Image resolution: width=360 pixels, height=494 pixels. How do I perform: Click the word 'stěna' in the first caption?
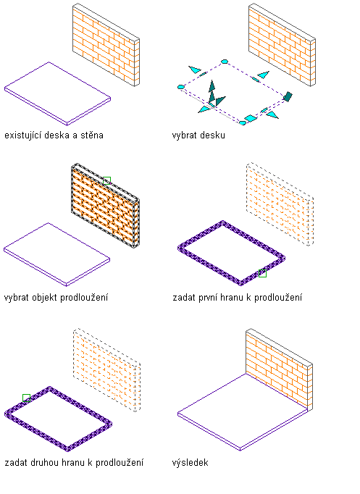[x=92, y=135]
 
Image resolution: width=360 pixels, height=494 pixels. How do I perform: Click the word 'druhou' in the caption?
[x=44, y=463]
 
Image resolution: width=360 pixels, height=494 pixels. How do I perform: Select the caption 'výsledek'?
[x=190, y=463]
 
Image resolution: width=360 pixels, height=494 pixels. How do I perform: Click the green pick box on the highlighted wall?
[x=106, y=180]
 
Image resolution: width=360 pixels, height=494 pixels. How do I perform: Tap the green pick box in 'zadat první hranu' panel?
[x=262, y=274]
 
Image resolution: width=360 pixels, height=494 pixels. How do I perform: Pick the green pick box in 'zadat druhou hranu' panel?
[x=27, y=398]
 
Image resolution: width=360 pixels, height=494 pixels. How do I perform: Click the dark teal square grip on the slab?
[x=288, y=96]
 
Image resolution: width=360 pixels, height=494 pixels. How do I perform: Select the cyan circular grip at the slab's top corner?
[x=225, y=62]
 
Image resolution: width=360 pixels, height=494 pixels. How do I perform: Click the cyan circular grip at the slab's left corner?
[x=181, y=87]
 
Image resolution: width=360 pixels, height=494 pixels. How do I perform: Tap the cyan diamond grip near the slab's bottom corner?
[x=251, y=119]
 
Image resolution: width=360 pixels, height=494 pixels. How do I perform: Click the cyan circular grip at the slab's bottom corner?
[x=242, y=123]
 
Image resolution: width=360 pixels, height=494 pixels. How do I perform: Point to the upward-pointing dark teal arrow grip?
[x=212, y=86]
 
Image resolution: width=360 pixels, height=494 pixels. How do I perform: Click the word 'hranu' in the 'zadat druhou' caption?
[x=73, y=463]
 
